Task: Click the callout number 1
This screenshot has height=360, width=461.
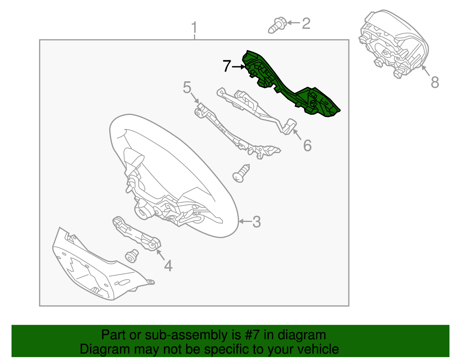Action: tap(194, 28)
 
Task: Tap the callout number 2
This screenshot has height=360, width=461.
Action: tap(306, 23)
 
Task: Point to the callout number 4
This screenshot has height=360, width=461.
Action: tap(168, 266)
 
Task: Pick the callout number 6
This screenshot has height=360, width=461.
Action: tap(307, 146)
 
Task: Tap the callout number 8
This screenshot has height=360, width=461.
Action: tap(435, 82)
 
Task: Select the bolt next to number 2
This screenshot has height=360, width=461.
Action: tap(277, 25)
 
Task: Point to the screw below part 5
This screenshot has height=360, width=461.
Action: tap(241, 173)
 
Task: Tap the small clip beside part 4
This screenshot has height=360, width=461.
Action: tap(132, 256)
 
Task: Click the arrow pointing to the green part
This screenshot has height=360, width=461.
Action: tap(239, 67)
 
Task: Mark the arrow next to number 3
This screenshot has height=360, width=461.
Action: tap(246, 221)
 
